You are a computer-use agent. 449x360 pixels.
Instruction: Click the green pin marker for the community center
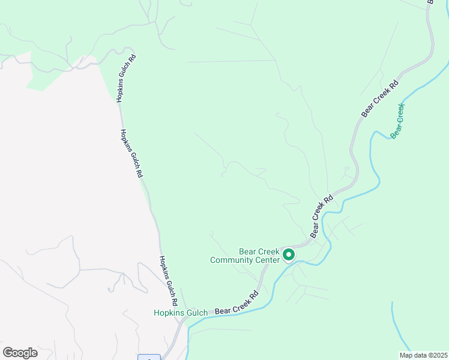click(x=288, y=255)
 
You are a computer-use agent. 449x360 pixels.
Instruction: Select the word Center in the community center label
click(x=269, y=260)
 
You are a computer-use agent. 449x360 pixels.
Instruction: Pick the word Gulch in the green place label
click(x=196, y=313)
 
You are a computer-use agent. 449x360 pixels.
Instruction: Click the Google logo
click(x=20, y=353)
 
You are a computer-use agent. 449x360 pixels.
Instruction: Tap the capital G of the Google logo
click(x=8, y=353)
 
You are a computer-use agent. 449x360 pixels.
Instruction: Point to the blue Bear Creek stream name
click(x=397, y=121)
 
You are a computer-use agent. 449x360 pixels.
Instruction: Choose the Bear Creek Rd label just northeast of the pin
click(x=321, y=215)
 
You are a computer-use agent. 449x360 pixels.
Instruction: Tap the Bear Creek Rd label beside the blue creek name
click(x=380, y=98)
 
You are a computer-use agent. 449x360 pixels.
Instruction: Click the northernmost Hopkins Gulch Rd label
click(x=127, y=79)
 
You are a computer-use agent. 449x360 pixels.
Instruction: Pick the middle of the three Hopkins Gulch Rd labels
click(x=131, y=154)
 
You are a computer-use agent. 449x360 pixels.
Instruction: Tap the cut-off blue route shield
click(x=149, y=357)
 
